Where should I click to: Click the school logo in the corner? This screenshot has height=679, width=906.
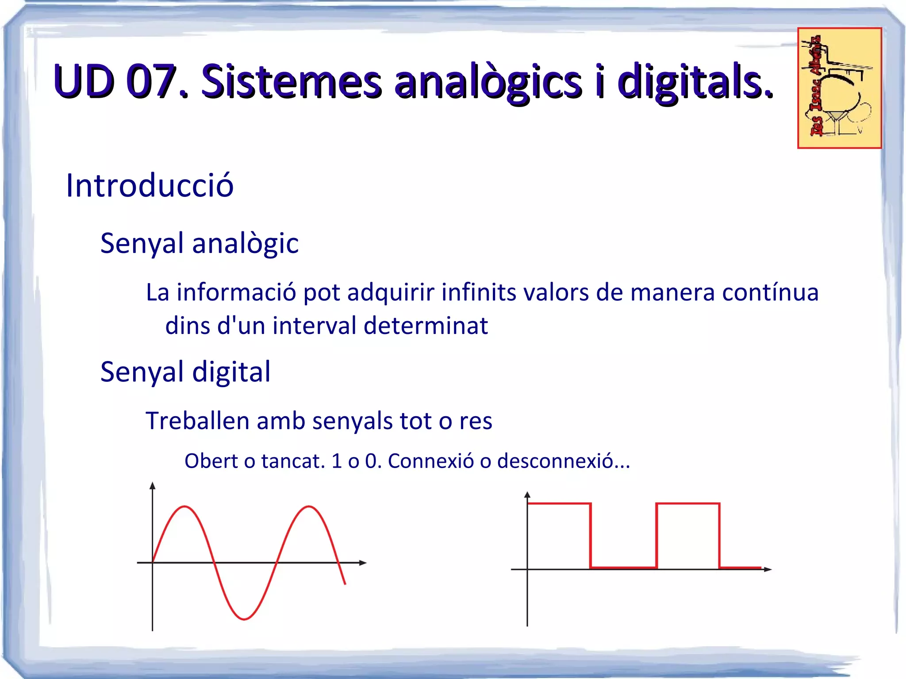[839, 88]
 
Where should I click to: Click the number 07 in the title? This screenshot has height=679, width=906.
[150, 81]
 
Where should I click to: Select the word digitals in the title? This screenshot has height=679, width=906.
[695, 82]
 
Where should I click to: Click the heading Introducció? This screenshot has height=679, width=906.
[150, 185]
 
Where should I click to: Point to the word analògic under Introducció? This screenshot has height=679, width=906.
[245, 243]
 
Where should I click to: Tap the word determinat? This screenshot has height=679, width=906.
[426, 326]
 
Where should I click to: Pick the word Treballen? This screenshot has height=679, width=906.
[197, 421]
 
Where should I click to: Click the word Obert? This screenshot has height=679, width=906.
[211, 461]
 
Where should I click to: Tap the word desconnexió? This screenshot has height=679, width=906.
[563, 461]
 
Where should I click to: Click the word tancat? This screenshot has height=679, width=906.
[293, 461]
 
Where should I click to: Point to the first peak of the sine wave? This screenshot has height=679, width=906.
[184, 507]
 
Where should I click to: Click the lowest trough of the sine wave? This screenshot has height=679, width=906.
[244, 618]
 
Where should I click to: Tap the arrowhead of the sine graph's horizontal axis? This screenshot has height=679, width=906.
[363, 563]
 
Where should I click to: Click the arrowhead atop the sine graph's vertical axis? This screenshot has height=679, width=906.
[153, 486]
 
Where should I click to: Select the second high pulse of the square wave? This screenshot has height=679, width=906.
[688, 504]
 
